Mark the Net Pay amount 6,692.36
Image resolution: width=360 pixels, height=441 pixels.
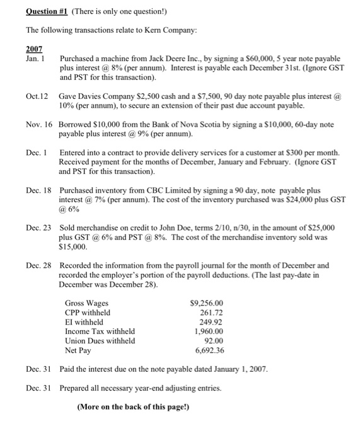point(210,350)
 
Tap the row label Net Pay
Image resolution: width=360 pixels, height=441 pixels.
point(78,350)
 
